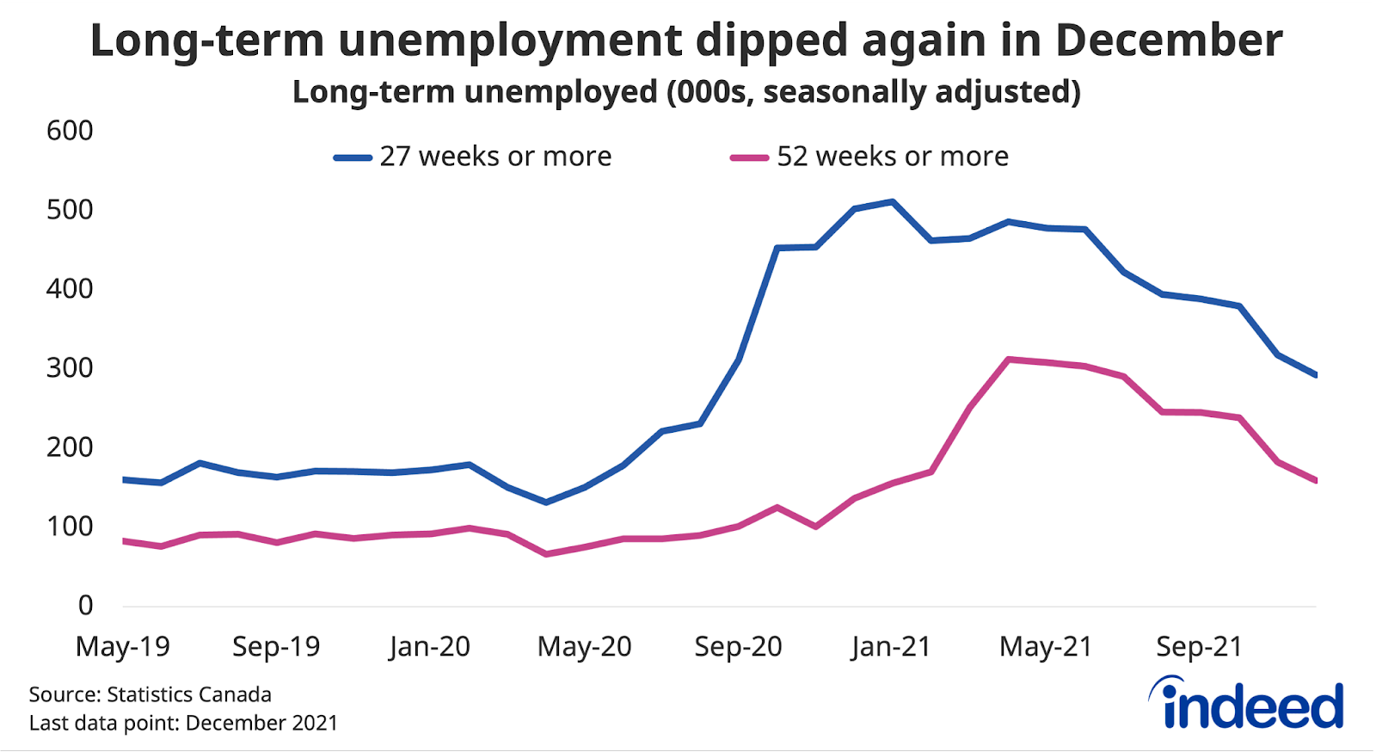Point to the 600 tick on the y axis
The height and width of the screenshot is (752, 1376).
click(x=70, y=131)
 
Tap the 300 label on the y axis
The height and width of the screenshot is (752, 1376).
click(x=70, y=368)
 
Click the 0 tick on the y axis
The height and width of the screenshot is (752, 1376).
click(x=85, y=606)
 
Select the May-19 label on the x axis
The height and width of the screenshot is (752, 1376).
click(x=123, y=647)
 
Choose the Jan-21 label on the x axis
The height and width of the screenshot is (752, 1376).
click(x=891, y=647)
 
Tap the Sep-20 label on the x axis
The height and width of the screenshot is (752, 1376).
click(x=738, y=647)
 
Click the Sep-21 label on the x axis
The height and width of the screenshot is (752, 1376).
click(x=1199, y=647)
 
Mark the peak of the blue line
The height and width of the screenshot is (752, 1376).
click(x=893, y=202)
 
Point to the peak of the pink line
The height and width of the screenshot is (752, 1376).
click(x=1008, y=359)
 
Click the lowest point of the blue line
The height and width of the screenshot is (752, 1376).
click(x=545, y=502)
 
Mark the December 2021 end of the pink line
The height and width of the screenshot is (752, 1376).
click(x=1315, y=480)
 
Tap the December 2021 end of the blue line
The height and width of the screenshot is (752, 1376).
click(x=1315, y=374)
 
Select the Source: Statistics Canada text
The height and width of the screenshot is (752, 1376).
click(x=150, y=694)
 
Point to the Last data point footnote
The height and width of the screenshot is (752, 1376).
click(x=183, y=723)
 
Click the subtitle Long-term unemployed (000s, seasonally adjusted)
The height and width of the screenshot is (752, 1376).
click(x=686, y=91)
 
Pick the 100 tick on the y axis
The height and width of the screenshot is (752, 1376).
click(x=70, y=527)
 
